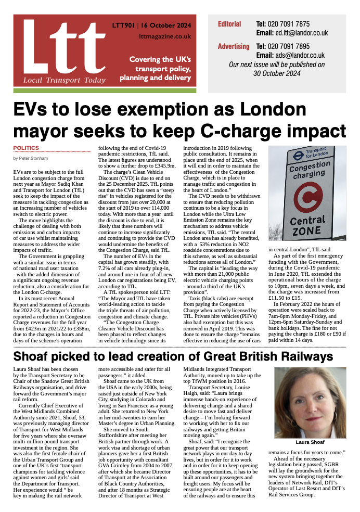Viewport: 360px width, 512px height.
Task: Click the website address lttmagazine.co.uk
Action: (x=165, y=36)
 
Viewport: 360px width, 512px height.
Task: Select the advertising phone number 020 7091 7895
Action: (x=289, y=46)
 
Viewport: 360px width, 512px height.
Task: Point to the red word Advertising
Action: (x=234, y=46)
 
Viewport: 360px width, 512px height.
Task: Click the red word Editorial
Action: (x=229, y=24)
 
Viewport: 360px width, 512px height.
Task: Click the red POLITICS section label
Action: (x=26, y=148)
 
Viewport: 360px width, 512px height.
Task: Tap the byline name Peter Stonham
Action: (x=35, y=158)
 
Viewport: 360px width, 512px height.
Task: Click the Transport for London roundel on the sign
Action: (x=299, y=155)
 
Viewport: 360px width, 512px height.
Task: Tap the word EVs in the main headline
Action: (x=33, y=110)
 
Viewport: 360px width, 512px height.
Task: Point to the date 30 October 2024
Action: (x=277, y=73)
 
